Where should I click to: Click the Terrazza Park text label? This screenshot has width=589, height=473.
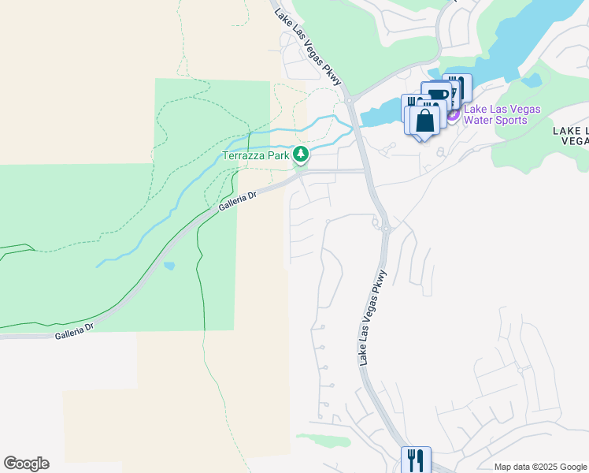click(x=256, y=155)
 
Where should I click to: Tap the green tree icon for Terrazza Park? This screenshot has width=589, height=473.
click(x=300, y=155)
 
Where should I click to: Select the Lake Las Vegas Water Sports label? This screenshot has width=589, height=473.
click(x=502, y=115)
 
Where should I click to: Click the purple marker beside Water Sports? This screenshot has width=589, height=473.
click(x=453, y=115)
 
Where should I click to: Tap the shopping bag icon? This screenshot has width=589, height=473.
click(x=424, y=121)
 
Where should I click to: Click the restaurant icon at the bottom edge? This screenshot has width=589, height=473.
click(x=416, y=460)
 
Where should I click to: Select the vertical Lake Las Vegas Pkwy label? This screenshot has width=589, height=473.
click(x=373, y=318)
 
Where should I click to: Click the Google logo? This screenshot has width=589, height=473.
click(x=26, y=464)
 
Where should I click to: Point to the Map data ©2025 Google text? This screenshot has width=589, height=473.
click(x=540, y=467)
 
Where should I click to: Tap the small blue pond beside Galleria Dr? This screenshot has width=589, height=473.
click(x=169, y=266)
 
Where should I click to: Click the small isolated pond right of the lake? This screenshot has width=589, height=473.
click(x=532, y=80)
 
